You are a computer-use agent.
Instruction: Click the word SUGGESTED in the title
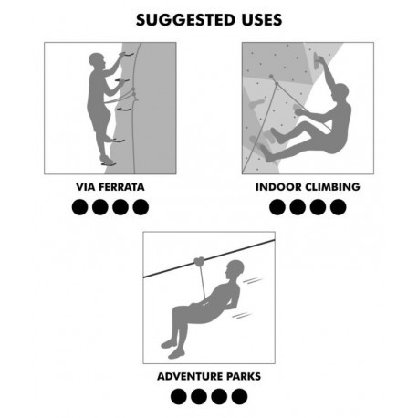[x=184, y=20]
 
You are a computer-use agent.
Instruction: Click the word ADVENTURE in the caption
[x=190, y=376]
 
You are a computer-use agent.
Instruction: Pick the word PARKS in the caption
[x=244, y=376]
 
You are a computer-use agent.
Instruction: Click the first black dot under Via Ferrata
[x=80, y=207]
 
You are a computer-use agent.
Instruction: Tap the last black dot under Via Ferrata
[x=141, y=207]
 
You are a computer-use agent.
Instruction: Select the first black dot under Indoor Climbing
[x=277, y=207]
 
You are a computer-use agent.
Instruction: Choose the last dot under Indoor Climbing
[x=339, y=207]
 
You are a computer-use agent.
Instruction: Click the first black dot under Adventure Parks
[x=179, y=397]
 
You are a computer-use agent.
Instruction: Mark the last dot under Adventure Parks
[x=239, y=397]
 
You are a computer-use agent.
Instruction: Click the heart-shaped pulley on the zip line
[x=200, y=262]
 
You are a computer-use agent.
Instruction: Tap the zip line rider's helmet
[x=236, y=266]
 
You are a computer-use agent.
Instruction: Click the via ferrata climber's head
[x=97, y=59]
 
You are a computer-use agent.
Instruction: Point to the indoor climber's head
[x=341, y=91]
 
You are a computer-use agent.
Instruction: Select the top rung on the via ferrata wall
[x=126, y=55]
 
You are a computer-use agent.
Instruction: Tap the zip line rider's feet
[x=172, y=349]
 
